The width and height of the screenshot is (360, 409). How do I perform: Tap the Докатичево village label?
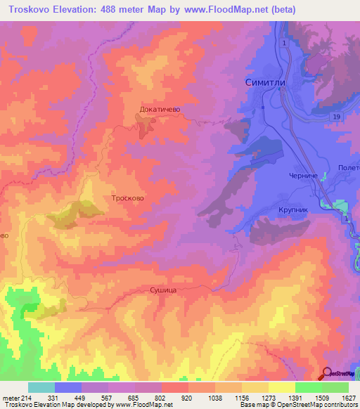[161, 110]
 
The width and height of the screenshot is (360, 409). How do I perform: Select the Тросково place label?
[128, 199]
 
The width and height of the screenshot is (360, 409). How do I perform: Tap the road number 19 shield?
[337, 116]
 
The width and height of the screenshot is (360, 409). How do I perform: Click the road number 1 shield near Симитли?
[284, 44]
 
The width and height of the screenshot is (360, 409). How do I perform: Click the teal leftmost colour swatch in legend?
[41, 387]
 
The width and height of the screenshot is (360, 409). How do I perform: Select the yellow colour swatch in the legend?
[281, 387]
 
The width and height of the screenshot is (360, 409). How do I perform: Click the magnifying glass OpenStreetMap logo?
[328, 374]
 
